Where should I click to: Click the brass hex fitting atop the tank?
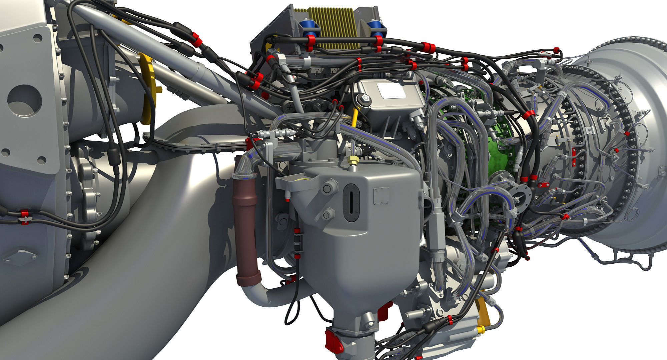pyautogui.click(x=352, y=161)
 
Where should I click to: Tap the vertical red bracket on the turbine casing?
pyautogui.click(x=573, y=156)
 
